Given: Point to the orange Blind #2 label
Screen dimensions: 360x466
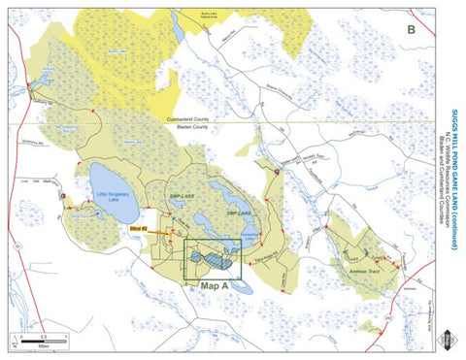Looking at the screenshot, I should (138, 228).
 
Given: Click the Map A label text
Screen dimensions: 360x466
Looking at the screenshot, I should (215, 287).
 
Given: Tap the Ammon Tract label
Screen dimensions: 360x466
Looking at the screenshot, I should (366, 273).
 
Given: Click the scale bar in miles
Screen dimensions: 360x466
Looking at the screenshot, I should (41, 338).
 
